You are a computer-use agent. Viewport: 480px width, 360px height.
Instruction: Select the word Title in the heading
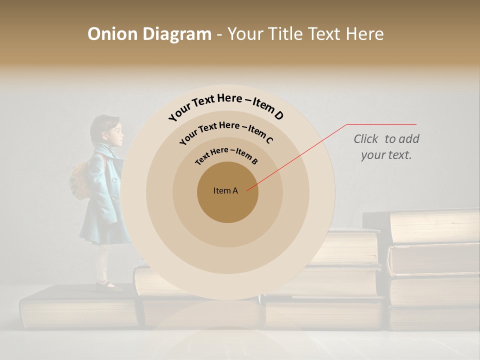pos(285,34)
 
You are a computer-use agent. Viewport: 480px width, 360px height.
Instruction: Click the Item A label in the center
pos(225,190)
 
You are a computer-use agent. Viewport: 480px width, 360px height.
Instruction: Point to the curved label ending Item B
pos(226,154)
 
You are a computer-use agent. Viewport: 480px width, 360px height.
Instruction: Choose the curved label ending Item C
pos(226,130)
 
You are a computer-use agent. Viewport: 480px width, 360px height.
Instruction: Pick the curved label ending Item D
pos(226,106)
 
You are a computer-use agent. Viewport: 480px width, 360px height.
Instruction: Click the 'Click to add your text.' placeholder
pos(386,147)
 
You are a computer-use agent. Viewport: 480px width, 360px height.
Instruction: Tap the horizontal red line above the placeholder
pos(381,124)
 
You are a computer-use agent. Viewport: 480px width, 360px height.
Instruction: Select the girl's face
pos(115,134)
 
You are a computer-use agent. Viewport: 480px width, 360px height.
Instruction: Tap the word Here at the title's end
pos(365,34)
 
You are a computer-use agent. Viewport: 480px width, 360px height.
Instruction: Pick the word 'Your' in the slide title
pos(247,34)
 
